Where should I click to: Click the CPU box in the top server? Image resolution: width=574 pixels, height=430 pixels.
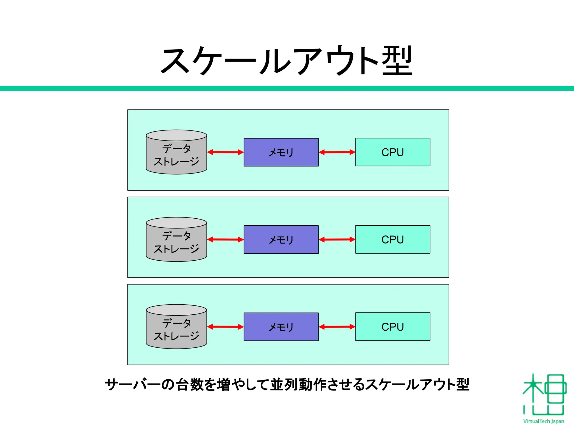(x=393, y=152)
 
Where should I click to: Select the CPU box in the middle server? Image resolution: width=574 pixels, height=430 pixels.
(x=393, y=239)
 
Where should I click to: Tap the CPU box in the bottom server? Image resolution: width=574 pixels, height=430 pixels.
(x=393, y=327)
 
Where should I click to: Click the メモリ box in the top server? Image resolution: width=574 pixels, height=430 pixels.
(x=281, y=152)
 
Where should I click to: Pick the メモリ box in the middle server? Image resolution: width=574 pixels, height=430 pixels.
(x=281, y=240)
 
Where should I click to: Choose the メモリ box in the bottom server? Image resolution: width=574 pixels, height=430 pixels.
(x=281, y=327)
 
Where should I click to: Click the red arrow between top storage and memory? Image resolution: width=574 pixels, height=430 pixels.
(x=225, y=152)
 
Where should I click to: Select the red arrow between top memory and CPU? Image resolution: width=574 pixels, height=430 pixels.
(x=337, y=152)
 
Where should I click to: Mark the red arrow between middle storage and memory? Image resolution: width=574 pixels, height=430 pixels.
(x=225, y=240)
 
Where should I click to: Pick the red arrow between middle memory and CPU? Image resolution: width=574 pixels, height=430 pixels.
(x=337, y=240)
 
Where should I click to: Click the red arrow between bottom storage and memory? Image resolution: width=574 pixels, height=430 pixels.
(x=225, y=327)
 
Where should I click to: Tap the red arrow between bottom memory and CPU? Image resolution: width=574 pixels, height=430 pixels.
(x=337, y=327)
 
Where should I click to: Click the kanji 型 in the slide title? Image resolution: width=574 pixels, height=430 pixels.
(x=397, y=60)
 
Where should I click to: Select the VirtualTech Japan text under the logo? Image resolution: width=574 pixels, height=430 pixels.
(x=543, y=421)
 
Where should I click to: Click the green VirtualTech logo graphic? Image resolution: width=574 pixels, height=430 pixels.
(x=543, y=395)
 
